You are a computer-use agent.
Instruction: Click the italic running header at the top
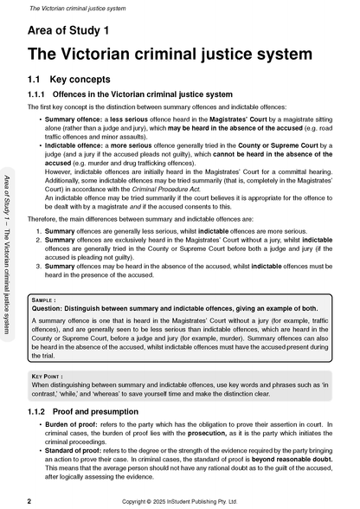pos(61,8)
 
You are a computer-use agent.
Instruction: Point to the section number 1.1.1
pos(38,93)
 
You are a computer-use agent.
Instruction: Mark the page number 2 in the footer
pos(29,500)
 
